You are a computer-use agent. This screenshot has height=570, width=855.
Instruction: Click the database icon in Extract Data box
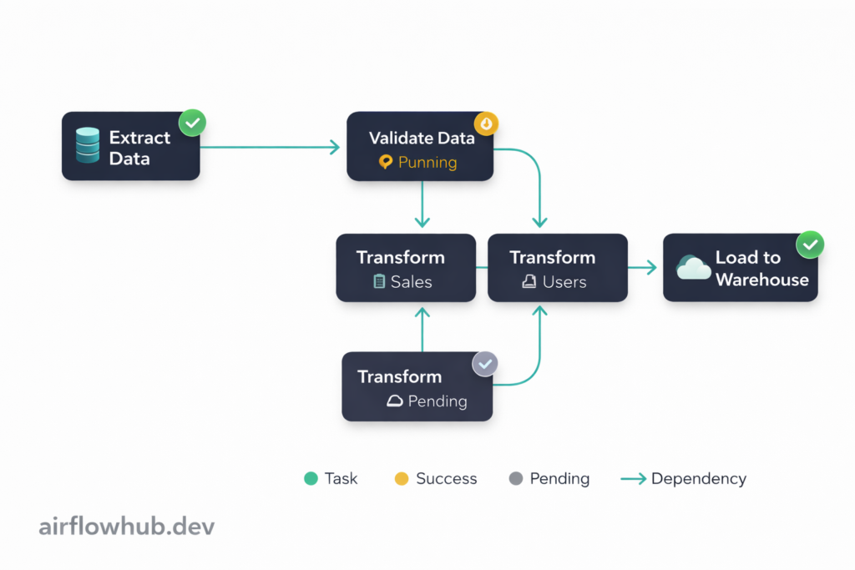87,145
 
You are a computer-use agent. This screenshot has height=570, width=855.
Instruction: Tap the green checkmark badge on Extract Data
193,124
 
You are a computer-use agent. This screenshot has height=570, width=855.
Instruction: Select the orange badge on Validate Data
486,124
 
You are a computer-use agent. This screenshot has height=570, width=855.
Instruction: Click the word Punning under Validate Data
427,162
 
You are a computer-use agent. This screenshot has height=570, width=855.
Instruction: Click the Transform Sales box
406,268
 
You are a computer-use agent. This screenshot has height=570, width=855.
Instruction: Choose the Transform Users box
558,268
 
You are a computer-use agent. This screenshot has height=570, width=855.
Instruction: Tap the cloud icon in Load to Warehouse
694,268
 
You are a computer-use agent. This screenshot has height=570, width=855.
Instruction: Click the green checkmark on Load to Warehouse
810,245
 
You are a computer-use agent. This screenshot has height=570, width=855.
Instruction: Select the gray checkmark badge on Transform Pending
485,364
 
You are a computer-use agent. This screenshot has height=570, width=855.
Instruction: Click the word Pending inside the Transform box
437,401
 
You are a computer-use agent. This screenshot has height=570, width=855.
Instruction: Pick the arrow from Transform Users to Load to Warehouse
642,267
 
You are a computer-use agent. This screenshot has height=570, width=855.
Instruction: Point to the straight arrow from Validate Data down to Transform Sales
422,204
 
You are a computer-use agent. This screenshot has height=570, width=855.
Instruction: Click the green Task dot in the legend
311,479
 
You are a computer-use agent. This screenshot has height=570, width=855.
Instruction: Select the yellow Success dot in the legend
402,479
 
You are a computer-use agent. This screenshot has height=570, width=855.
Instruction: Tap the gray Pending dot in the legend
515,479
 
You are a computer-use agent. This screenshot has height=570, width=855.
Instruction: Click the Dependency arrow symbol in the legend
634,479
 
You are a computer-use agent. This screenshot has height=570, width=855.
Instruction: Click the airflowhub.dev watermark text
127,527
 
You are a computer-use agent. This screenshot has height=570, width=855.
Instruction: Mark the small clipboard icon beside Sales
380,282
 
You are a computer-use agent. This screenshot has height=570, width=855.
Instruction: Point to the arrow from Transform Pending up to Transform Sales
422,329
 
